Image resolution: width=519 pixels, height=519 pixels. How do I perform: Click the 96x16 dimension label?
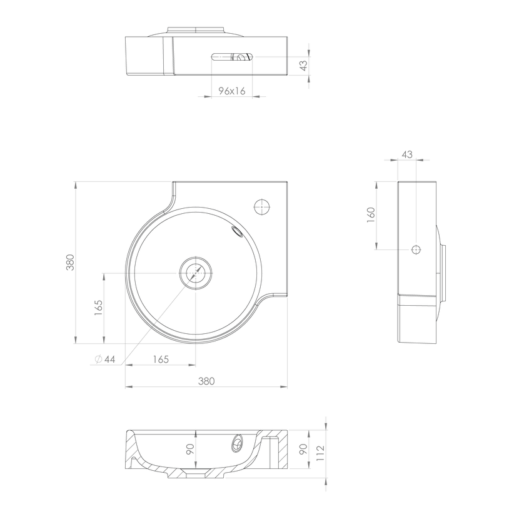click(232, 91)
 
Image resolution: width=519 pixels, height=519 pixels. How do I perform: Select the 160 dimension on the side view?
click(371, 214)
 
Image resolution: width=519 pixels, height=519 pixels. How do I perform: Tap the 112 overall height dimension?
click(320, 453)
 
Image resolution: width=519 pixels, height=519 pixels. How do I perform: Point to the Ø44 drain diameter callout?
click(105, 359)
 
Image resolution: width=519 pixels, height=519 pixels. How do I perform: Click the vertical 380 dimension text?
click(70, 262)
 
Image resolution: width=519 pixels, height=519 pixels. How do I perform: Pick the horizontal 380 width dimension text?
click(206, 381)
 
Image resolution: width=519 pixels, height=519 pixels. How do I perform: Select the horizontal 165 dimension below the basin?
click(161, 359)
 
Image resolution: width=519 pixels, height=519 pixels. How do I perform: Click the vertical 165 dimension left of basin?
click(98, 308)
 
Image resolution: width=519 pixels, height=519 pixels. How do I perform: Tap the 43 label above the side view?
click(407, 154)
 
